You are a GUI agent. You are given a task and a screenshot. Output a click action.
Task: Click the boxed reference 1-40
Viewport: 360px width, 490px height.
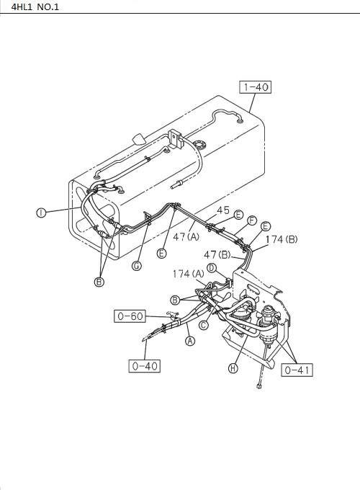point(255,87)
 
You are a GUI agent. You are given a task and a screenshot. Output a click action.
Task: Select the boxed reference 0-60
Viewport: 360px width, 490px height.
point(130,316)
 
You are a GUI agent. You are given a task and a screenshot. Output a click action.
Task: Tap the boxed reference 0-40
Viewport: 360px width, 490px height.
point(145,366)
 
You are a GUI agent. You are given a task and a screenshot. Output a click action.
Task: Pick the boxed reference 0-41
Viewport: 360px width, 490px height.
point(297,370)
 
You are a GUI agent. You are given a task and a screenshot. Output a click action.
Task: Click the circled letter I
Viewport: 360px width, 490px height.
point(41,213)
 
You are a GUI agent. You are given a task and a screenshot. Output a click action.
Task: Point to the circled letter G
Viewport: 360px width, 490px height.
point(137,266)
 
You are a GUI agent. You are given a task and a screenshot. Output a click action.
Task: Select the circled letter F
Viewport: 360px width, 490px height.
point(252,220)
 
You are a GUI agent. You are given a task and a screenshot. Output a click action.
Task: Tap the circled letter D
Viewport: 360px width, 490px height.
point(212,268)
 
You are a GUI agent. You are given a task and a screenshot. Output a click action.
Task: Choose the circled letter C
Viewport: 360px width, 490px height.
point(204,325)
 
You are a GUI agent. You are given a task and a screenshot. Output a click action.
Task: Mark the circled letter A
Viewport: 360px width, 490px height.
point(190,341)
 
